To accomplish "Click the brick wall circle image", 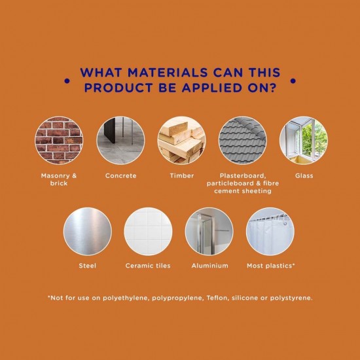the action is point(59,140).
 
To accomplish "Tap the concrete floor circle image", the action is point(121,140).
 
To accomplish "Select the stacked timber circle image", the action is point(181,140).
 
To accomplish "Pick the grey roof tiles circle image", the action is point(243,140).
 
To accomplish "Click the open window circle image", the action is point(304,140).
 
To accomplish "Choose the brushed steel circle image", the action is point(88,232).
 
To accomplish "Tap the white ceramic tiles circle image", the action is point(148,232).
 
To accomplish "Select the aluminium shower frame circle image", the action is point(209,232).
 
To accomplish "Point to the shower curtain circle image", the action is point(270,232).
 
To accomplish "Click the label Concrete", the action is point(121,176).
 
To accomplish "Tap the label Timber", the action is point(182,176).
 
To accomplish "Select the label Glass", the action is point(304,176).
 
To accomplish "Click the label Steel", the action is point(88,266).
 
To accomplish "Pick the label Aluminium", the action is point(210,266).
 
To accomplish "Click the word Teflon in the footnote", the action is point(217,298).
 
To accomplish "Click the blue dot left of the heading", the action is point(67,81).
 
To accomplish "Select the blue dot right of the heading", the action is point(293,81).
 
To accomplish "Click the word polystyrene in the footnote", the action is point(291,298).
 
